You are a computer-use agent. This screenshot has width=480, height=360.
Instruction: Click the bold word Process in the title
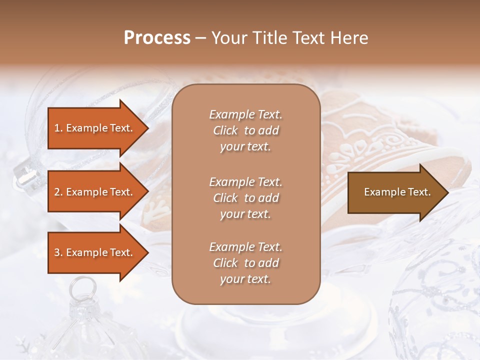pos(157,37)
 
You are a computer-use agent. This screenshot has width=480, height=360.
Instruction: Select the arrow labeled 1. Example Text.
pos(95,128)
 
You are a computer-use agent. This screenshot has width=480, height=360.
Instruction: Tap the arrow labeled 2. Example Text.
pos(95,192)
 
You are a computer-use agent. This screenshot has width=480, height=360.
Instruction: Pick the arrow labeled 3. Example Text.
pos(95,252)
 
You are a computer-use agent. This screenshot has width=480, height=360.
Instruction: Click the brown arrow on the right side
pos(395,192)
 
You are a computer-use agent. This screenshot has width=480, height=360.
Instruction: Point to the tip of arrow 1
pos(147,128)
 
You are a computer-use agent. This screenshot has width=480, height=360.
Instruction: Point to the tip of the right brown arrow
pos(447,192)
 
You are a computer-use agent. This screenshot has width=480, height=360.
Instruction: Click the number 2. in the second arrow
pos(58,192)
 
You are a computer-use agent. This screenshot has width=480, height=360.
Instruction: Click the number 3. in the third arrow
pos(58,252)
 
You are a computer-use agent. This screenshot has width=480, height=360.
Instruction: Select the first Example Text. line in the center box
pos(245,114)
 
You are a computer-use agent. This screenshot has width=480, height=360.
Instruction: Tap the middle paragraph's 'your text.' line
pos(245,214)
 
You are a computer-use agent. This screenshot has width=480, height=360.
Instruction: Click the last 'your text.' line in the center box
pos(245,279)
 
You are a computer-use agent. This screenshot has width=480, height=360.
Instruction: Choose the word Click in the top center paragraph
pos(225,130)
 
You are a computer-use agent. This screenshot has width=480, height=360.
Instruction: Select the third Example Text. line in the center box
pos(245,247)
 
